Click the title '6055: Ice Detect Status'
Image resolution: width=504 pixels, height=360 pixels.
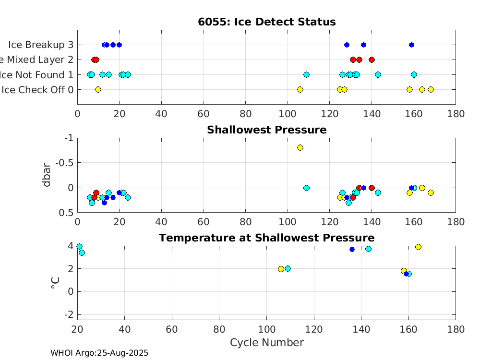point(266,22)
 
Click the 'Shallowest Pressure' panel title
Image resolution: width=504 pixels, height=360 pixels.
point(266,130)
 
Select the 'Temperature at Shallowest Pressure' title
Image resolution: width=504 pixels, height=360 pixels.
point(266,238)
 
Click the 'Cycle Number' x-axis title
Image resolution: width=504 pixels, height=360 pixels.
point(266,342)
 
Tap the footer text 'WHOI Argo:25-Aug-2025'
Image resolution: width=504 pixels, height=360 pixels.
point(99,353)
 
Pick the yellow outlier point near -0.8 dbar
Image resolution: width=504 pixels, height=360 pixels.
point(300,147)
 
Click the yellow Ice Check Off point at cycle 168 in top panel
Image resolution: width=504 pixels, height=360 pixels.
point(431,89)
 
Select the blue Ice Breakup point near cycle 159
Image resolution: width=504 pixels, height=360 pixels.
point(411,45)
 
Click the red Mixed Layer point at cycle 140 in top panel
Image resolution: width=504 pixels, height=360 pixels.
point(372,60)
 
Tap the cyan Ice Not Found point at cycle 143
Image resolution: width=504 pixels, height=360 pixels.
point(378,74)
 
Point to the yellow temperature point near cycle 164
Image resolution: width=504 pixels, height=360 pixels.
point(418,247)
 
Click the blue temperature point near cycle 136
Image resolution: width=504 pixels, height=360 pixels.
point(352,249)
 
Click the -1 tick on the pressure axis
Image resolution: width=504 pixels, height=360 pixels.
point(70,138)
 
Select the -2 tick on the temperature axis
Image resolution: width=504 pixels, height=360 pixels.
point(70,314)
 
